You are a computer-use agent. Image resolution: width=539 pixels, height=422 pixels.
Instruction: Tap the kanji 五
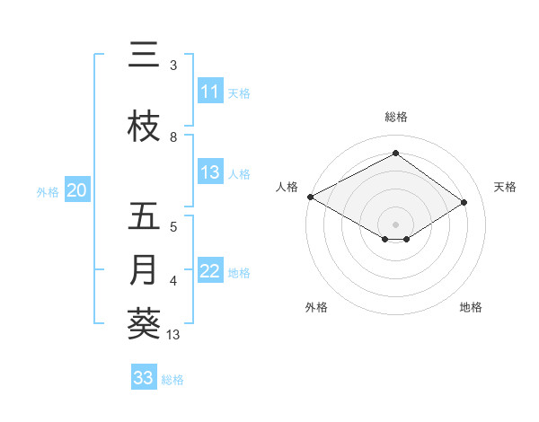[144, 216]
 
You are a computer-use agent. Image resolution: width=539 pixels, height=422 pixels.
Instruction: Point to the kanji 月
[144, 270]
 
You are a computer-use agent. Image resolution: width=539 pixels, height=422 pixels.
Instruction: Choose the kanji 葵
[144, 324]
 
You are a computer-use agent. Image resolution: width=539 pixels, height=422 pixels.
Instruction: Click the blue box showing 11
[210, 92]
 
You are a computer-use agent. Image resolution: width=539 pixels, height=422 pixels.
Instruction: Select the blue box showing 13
[210, 172]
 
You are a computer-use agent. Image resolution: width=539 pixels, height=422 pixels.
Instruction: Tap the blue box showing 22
[210, 271]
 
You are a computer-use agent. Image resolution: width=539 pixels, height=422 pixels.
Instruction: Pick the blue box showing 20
[77, 190]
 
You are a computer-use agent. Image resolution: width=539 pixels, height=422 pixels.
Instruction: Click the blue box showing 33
[144, 378]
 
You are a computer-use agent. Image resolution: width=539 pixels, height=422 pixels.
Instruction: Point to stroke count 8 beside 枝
[173, 137]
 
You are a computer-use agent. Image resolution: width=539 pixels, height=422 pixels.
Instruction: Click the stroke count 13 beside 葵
[173, 335]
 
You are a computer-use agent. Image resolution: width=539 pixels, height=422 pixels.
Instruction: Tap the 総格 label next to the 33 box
[172, 380]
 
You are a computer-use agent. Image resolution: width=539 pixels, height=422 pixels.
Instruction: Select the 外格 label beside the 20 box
[47, 191]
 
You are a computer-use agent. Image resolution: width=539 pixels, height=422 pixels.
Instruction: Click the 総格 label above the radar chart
[395, 118]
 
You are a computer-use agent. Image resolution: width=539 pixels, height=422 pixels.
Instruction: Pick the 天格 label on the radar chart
[506, 187]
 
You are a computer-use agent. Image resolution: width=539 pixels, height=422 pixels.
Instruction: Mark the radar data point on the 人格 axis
[310, 196]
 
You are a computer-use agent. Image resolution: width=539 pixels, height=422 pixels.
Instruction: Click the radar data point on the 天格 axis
[464, 203]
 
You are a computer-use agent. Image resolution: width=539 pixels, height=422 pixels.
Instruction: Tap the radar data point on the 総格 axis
[395, 153]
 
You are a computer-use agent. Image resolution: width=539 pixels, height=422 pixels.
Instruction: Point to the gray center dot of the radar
[395, 223]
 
